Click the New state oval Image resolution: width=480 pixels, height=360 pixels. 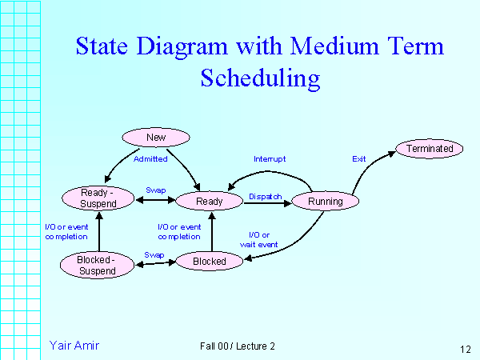(x=156, y=138)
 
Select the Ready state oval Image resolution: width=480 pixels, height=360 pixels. (x=209, y=202)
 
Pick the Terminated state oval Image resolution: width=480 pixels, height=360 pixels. (x=430, y=149)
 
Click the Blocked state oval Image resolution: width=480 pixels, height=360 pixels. (x=209, y=261)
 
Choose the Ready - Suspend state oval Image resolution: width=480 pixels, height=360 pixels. (x=99, y=198)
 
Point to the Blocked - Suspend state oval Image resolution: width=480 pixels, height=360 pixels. (x=96, y=265)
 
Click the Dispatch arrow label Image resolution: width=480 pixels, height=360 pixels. (x=265, y=196)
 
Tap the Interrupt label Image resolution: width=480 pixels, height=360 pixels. (x=270, y=158)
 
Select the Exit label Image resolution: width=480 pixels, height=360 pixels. (x=359, y=158)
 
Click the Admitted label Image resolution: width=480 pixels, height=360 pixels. (x=150, y=158)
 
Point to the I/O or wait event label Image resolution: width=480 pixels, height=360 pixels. (x=258, y=239)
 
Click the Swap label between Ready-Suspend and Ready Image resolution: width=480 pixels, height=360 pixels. (x=155, y=190)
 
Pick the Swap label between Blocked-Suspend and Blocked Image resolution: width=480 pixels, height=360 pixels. (x=154, y=255)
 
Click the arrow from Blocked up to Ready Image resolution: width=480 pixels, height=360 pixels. (x=211, y=231)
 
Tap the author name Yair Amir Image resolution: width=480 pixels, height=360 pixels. (x=74, y=345)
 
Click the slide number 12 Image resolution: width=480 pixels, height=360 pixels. (x=465, y=349)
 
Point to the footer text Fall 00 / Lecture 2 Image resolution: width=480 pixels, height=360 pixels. (x=238, y=346)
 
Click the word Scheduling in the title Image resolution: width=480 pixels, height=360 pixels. (x=259, y=78)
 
